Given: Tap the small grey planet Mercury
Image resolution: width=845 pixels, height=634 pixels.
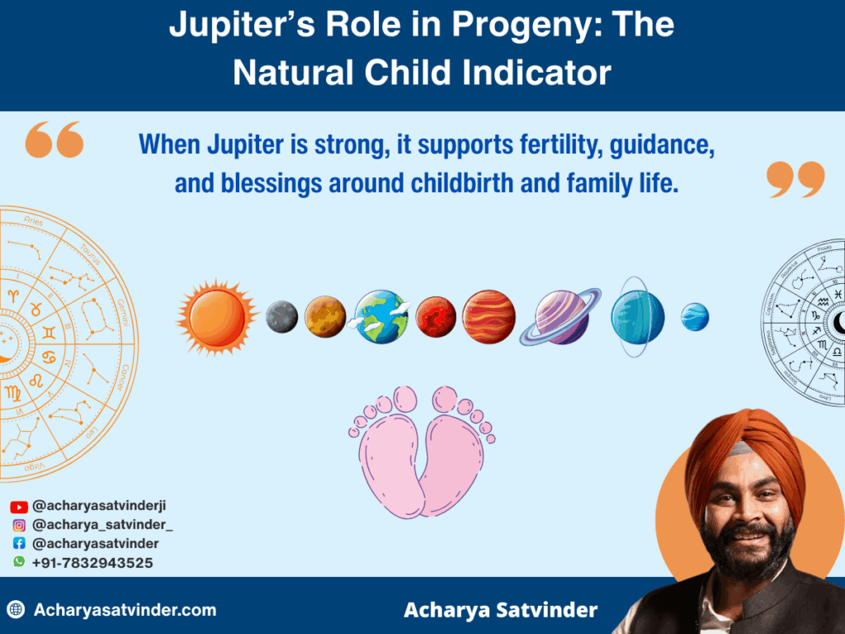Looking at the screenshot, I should (282, 317).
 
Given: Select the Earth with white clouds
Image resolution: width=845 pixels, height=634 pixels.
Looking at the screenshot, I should (382, 317).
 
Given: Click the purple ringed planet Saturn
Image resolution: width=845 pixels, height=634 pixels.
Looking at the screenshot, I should (561, 317).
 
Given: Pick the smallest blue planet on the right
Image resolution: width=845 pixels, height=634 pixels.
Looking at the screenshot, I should (695, 317).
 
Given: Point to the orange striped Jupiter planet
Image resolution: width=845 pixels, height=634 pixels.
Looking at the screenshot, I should (489, 317).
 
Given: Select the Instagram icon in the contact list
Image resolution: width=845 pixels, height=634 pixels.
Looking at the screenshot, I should (19, 525).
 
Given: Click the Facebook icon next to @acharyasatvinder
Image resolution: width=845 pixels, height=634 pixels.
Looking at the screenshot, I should (19, 544).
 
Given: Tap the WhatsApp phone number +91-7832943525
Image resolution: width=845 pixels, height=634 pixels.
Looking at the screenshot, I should (92, 562).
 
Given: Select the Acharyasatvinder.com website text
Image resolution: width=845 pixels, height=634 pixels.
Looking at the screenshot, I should (125, 611).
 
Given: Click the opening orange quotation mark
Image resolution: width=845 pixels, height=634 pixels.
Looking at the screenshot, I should (54, 140).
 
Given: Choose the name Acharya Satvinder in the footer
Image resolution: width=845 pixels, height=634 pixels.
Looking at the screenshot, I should (500, 611).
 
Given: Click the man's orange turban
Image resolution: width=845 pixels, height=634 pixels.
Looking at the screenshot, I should (743, 450).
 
